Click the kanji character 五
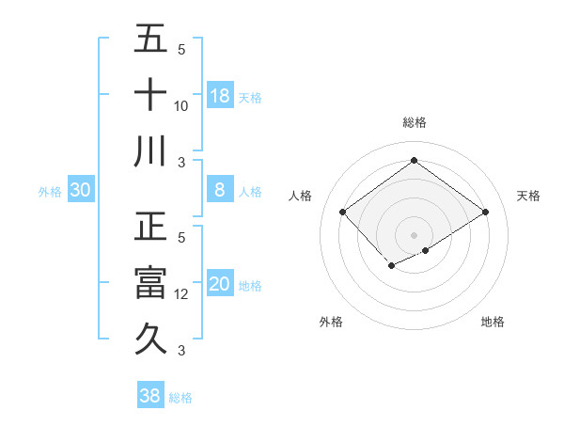(x=150, y=39)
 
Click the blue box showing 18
(x=220, y=96)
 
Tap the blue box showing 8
(x=220, y=190)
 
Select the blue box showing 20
(x=220, y=285)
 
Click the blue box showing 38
(x=150, y=396)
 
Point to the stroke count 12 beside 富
(x=181, y=295)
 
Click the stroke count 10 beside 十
(x=181, y=106)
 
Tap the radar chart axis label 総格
(x=414, y=122)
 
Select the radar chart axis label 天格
(x=528, y=196)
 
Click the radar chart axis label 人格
(x=301, y=196)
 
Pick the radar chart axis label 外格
(x=331, y=322)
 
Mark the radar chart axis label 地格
(x=493, y=322)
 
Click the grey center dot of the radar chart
(x=414, y=234)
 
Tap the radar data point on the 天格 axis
(x=485, y=213)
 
